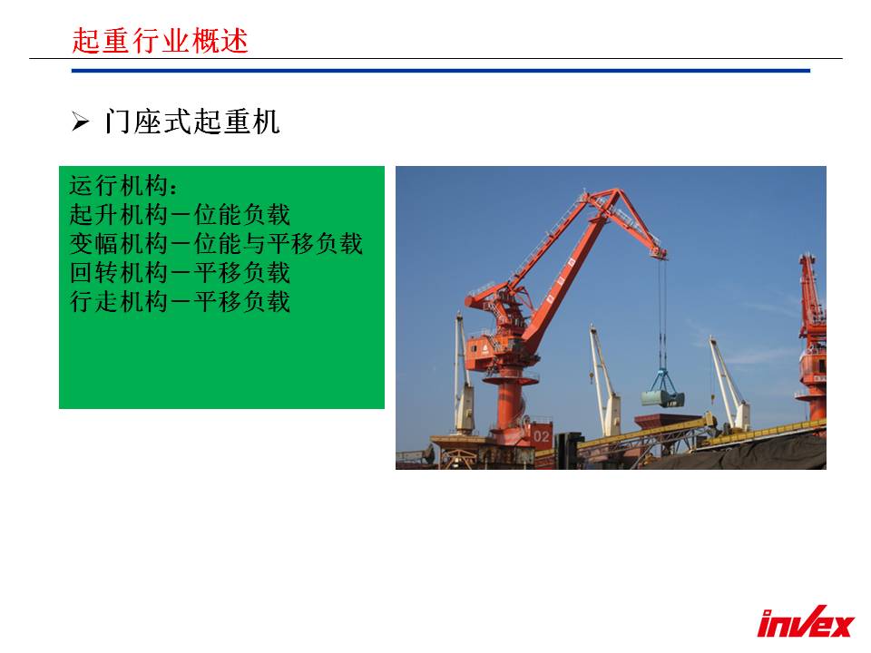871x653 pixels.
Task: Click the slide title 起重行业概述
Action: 160,41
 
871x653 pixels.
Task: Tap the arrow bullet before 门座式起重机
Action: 80,121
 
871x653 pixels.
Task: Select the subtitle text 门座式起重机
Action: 191,121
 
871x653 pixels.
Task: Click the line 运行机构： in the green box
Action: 123,185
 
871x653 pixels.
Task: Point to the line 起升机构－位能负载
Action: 180,214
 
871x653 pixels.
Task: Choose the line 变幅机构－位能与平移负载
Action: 216,243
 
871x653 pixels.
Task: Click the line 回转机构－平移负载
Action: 180,272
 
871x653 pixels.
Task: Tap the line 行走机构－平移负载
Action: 180,301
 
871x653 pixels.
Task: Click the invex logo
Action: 805,622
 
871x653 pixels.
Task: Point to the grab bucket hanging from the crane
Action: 662,390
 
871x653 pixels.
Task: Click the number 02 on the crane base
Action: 541,436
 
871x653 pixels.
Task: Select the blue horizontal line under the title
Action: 441,71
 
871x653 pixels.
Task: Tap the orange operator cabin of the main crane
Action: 480,351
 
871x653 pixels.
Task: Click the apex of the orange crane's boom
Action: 615,192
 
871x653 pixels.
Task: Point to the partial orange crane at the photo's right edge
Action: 811,338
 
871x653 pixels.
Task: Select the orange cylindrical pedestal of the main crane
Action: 509,404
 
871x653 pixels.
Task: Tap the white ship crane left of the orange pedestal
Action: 464,373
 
